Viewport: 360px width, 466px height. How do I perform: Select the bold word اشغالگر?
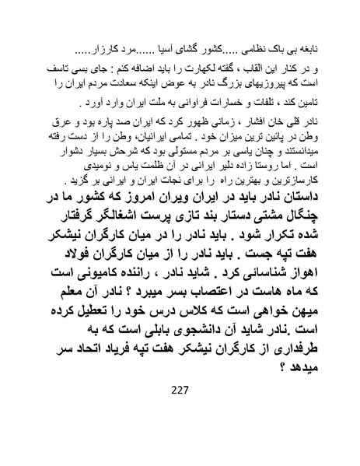coord(119,219)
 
